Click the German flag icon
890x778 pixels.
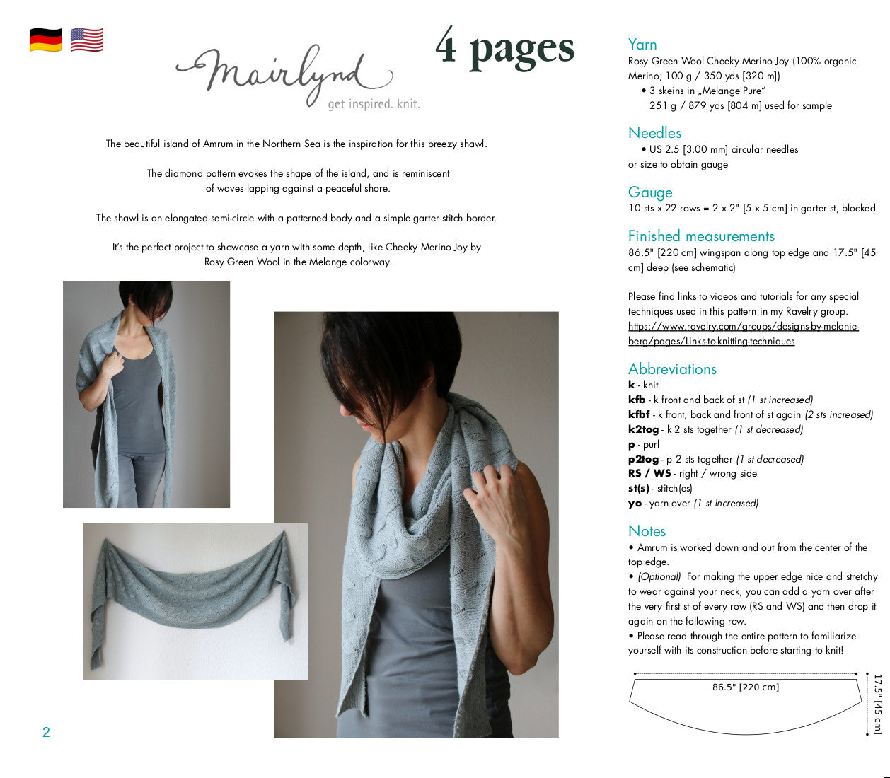click(x=46, y=40)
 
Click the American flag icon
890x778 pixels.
click(x=87, y=40)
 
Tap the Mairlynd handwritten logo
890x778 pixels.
click(x=285, y=75)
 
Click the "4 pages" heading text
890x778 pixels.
click(x=504, y=49)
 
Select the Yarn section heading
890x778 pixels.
click(x=642, y=45)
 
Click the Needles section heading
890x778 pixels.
click(x=654, y=133)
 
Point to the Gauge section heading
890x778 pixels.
click(x=650, y=192)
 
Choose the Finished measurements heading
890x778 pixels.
click(x=701, y=236)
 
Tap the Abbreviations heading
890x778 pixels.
click(x=672, y=368)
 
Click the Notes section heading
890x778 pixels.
click(x=647, y=531)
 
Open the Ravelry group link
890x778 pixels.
click(x=744, y=334)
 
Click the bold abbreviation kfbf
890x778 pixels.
click(x=639, y=414)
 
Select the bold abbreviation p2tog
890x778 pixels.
click(x=643, y=459)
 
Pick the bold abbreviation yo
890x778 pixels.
click(x=635, y=504)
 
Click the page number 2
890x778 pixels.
click(x=46, y=732)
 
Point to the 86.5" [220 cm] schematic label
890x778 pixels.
click(x=746, y=687)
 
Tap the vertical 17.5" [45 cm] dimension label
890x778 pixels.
click(x=878, y=704)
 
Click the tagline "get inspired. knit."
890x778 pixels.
click(x=374, y=105)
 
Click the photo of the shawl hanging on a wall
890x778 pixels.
click(x=196, y=601)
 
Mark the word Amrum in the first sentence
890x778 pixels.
click(x=218, y=144)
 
